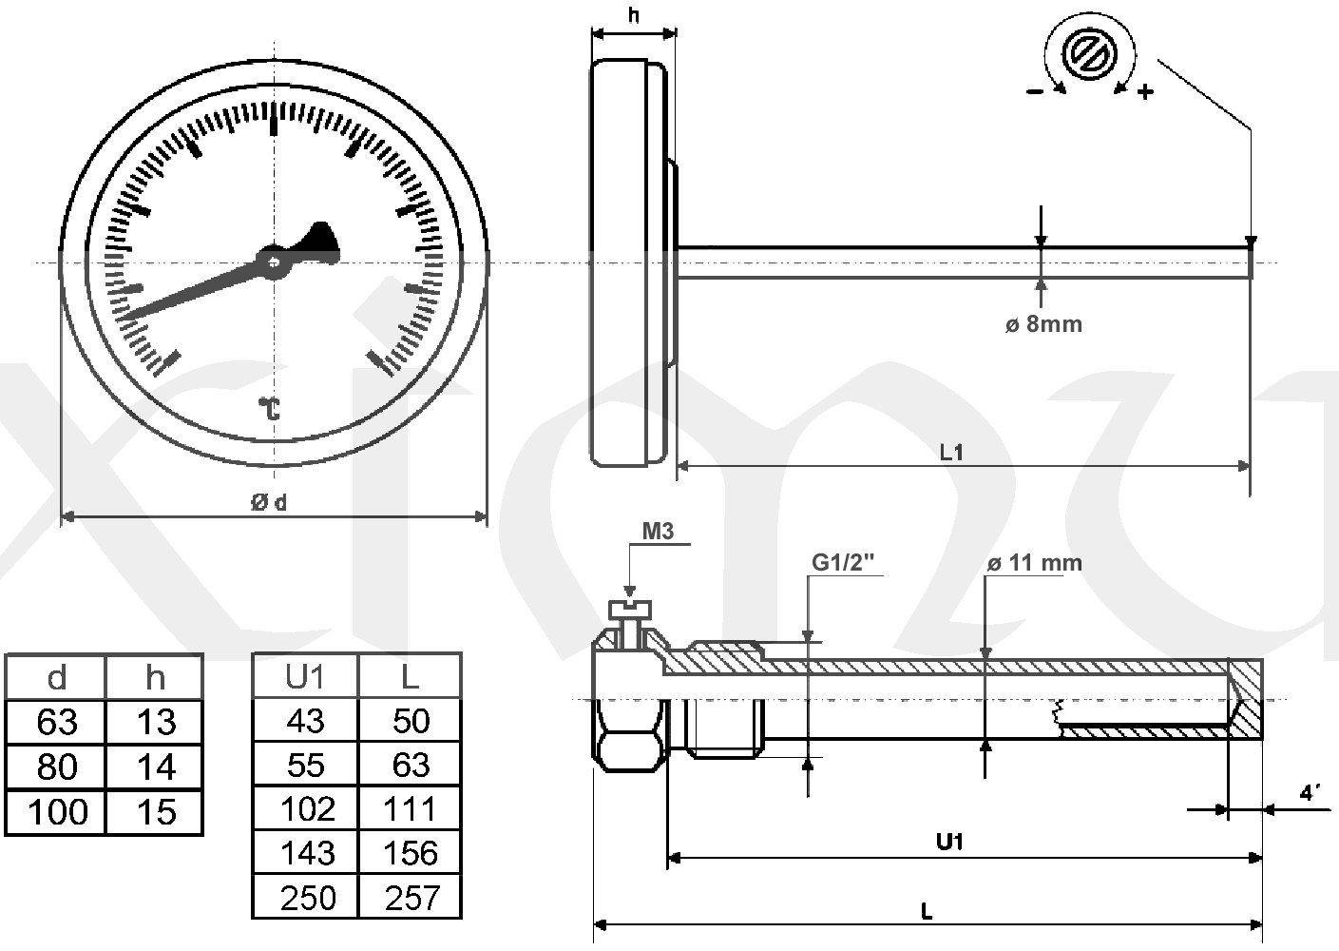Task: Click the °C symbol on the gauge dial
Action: tap(270, 408)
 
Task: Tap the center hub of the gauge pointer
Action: tap(273, 262)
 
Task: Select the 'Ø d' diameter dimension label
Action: tap(268, 502)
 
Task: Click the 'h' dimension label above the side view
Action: tap(634, 15)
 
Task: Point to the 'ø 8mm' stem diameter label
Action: tap(1043, 324)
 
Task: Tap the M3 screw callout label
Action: tap(658, 531)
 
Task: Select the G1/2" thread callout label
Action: tap(843, 562)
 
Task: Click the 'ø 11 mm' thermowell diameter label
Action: tap(1034, 563)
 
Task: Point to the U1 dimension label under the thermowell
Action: tap(949, 843)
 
